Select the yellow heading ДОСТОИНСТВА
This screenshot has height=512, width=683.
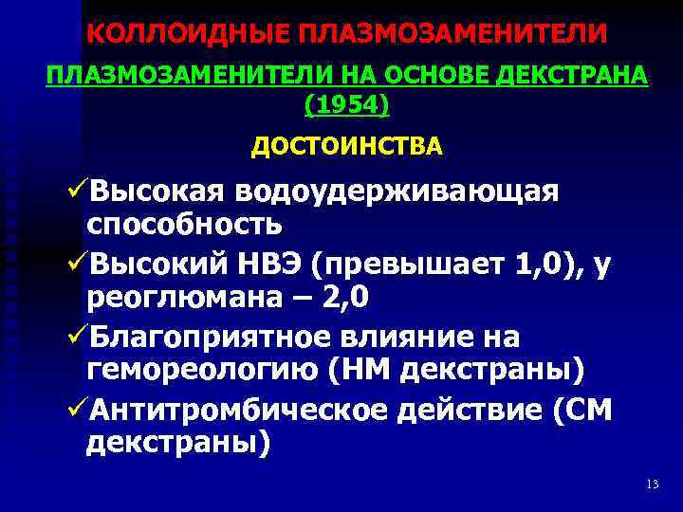tap(346, 147)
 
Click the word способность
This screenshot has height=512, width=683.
tap(183, 225)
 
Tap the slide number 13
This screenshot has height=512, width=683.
tap(651, 485)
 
